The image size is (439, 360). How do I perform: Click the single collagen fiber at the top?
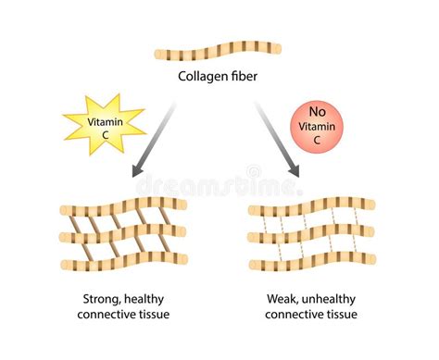219,49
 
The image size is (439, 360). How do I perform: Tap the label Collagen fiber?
219,77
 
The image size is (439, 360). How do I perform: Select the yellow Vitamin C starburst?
104,126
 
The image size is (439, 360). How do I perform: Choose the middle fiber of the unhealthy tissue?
312,233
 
